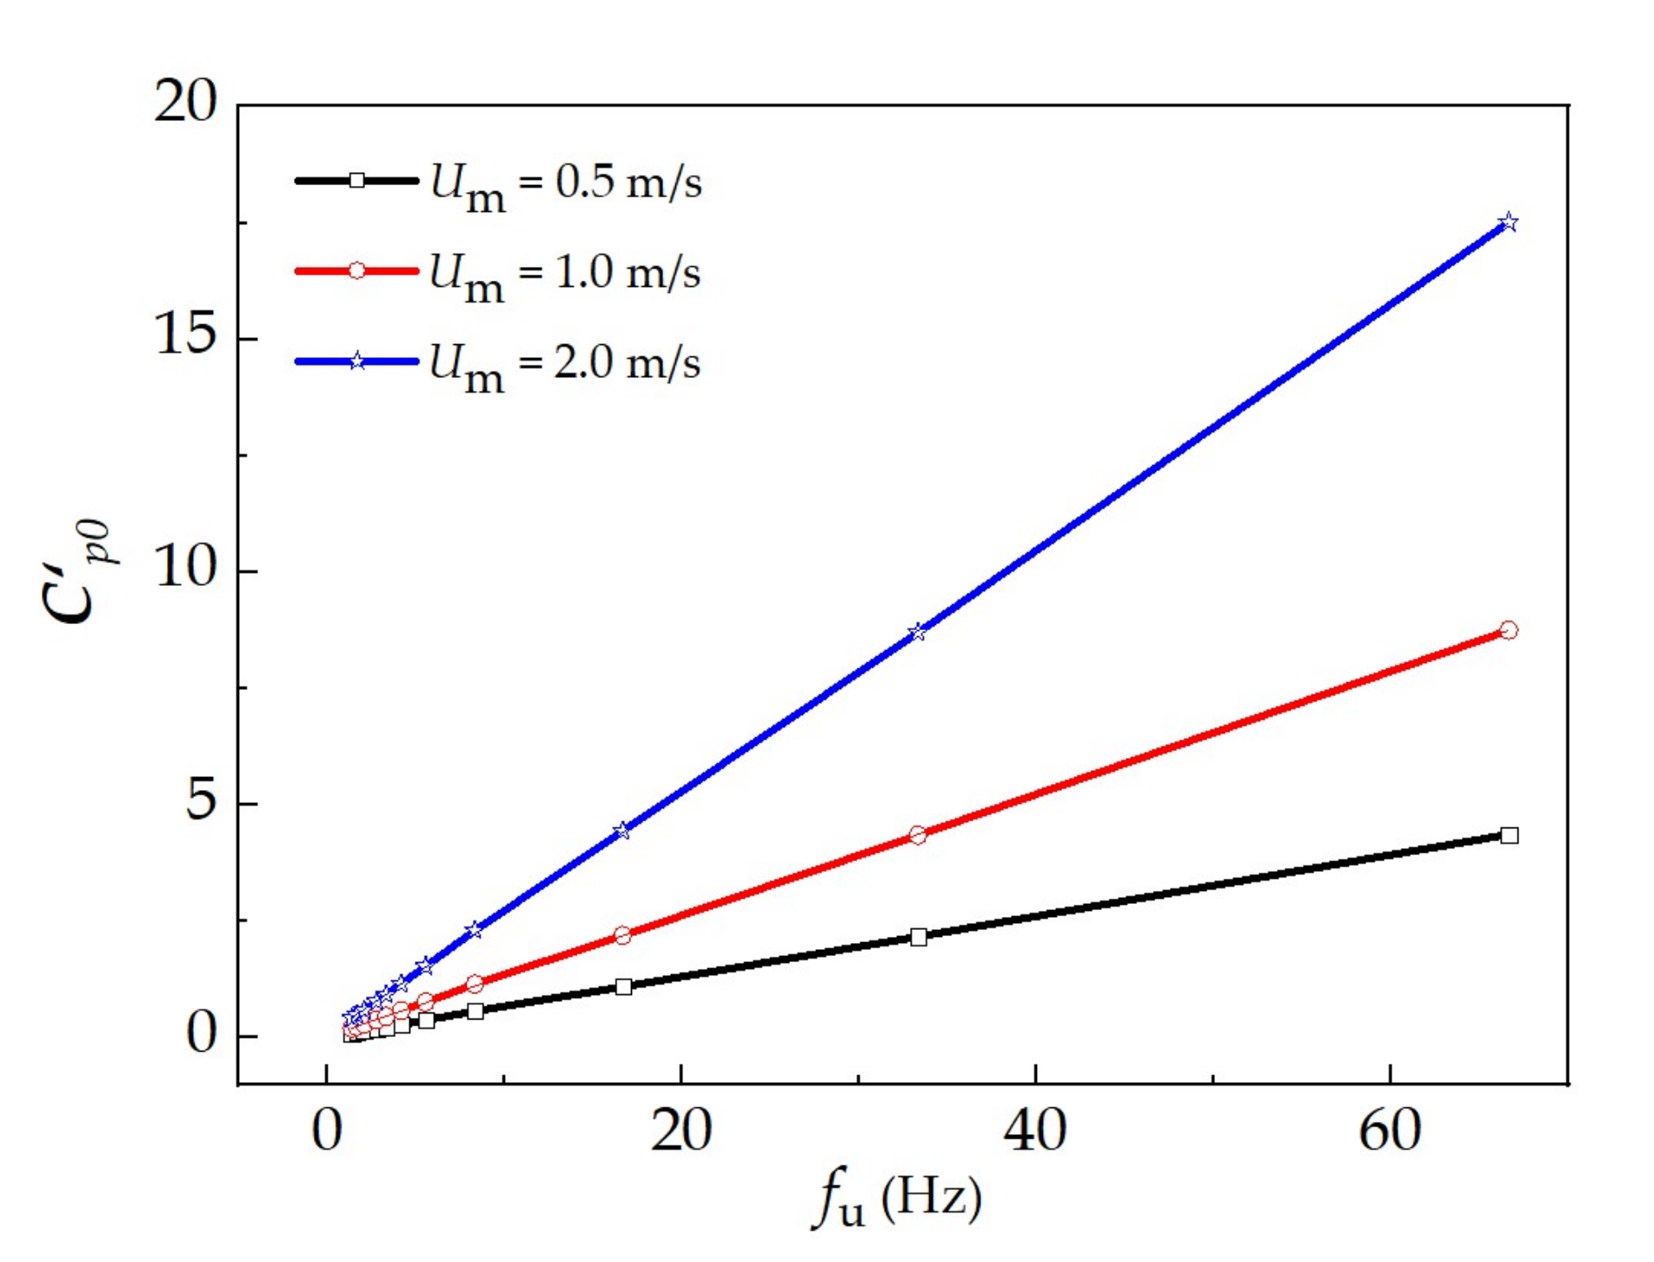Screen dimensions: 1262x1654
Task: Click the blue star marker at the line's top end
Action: pyautogui.click(x=1510, y=223)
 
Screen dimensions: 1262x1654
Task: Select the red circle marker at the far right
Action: pyautogui.click(x=1509, y=630)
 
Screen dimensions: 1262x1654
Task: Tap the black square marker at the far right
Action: pyautogui.click(x=1510, y=835)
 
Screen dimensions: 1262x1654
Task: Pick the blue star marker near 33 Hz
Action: pyautogui.click(x=918, y=633)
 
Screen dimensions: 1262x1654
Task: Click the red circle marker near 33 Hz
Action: pyautogui.click(x=918, y=835)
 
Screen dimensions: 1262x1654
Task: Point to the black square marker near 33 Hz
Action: pyautogui.click(x=919, y=937)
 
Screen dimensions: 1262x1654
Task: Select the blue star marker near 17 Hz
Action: pyautogui.click(x=622, y=831)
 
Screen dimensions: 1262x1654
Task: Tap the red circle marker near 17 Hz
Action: pyautogui.click(x=622, y=936)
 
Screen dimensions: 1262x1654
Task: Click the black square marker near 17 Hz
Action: pyautogui.click(x=623, y=986)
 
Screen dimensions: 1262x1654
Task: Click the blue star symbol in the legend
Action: pyautogui.click(x=357, y=362)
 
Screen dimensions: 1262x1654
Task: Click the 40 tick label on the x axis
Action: pyautogui.click(x=1035, y=1131)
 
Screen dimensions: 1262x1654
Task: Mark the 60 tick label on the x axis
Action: pyautogui.click(x=1390, y=1131)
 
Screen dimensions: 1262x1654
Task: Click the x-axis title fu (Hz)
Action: pyautogui.click(x=898, y=1199)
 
